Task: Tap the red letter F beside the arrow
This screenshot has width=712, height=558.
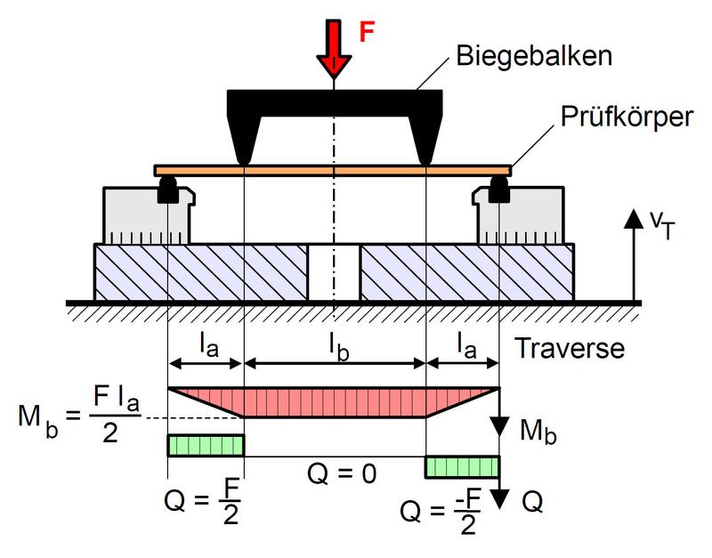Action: (367, 32)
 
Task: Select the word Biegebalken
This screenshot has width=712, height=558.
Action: (532, 57)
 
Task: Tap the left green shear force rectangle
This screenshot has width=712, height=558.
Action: (206, 445)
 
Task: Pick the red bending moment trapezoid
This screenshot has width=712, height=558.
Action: (334, 401)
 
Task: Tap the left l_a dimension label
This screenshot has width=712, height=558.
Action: (206, 343)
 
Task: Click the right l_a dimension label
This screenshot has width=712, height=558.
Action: (463, 343)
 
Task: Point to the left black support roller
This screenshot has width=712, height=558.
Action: (167, 189)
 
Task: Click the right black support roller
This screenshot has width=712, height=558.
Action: (499, 189)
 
